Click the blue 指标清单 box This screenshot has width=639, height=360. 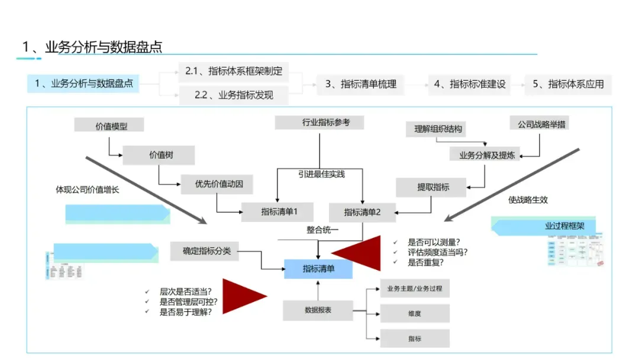(x=318, y=269)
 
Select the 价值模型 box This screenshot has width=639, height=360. (x=109, y=126)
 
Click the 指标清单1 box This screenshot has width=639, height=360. (x=277, y=212)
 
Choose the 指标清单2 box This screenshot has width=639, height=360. (x=362, y=212)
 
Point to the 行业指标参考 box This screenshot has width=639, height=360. (x=319, y=123)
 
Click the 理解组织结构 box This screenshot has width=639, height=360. (x=438, y=129)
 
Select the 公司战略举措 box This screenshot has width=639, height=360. (x=539, y=124)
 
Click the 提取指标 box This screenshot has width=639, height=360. (x=431, y=187)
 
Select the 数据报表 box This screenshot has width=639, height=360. (x=318, y=310)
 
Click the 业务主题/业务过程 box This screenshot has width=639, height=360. (x=414, y=288)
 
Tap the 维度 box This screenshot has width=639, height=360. (x=414, y=314)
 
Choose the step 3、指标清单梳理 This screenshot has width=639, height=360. (x=360, y=84)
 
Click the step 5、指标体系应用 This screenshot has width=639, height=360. (x=568, y=84)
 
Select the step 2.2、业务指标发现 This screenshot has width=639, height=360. (x=234, y=95)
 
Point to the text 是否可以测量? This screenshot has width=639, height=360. (x=434, y=242)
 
